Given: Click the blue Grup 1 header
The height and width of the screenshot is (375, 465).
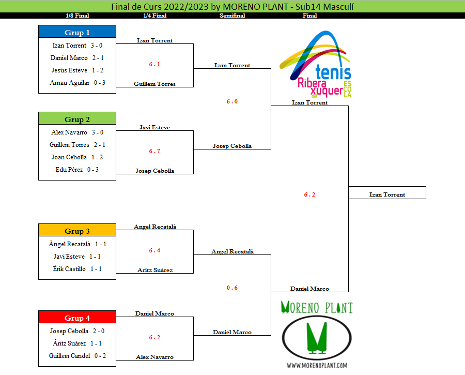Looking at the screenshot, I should pyautogui.click(x=77, y=33).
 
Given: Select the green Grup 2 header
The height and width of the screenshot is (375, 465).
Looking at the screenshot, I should pyautogui.click(x=77, y=119).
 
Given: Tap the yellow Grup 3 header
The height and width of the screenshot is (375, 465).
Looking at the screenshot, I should pyautogui.click(x=77, y=231).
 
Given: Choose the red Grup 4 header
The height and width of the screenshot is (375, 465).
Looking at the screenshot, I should pyautogui.click(x=77, y=318).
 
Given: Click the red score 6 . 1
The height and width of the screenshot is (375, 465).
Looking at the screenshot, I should pyautogui.click(x=154, y=64).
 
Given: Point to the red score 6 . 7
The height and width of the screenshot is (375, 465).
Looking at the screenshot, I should pyautogui.click(x=154, y=151).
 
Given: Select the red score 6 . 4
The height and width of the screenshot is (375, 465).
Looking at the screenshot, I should pyautogui.click(x=154, y=250).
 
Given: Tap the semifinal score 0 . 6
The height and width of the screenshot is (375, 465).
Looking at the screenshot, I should pyautogui.click(x=232, y=288).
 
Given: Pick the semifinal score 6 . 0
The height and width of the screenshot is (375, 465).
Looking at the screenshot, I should pyautogui.click(x=232, y=101).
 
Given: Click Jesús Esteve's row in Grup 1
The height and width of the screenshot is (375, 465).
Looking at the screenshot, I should pyautogui.click(x=77, y=70).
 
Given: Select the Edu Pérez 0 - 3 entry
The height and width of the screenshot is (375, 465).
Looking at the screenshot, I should pyautogui.click(x=77, y=170).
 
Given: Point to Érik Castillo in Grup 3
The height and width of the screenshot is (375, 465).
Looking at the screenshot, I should pyautogui.click(x=77, y=269).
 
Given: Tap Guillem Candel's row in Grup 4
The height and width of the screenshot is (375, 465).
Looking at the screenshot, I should pyautogui.click(x=77, y=356).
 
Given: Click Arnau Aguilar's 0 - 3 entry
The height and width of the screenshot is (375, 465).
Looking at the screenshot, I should pyautogui.click(x=77, y=83).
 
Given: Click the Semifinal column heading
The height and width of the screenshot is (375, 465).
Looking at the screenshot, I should pyautogui.click(x=232, y=16).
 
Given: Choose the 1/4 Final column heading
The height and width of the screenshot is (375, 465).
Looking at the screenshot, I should pyautogui.click(x=154, y=16).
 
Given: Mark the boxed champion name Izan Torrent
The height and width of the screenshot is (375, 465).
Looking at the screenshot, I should pyautogui.click(x=387, y=194).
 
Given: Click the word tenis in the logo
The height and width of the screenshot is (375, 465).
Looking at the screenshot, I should pyautogui.click(x=332, y=73).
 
